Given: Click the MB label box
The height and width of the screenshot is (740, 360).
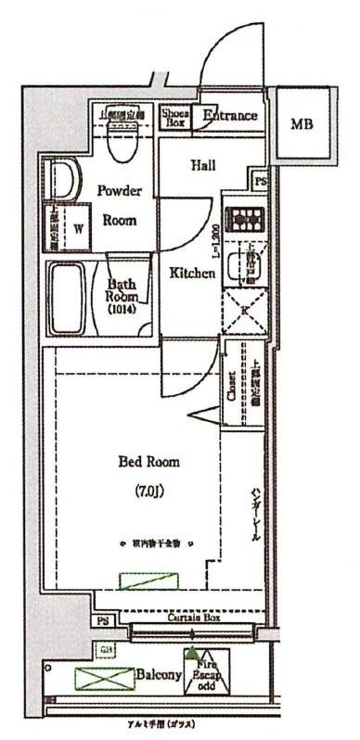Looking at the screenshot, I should pos(302,123).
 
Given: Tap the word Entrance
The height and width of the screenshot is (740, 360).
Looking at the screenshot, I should pos(229,116).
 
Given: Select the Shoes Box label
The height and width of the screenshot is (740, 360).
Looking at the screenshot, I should pos(175,116).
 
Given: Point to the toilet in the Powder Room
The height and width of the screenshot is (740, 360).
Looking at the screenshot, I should pos(119,139).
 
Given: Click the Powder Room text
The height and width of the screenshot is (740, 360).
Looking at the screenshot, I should pos(121,206).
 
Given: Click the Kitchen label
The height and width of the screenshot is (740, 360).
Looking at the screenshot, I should pos(192,274).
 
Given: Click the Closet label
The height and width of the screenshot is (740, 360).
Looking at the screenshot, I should pos(231,388).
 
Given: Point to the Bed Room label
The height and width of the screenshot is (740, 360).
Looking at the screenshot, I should pos(148,461).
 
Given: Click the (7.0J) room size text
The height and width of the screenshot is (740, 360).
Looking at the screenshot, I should pos(148,491).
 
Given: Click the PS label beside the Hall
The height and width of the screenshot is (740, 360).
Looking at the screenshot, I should pos(261,181).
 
